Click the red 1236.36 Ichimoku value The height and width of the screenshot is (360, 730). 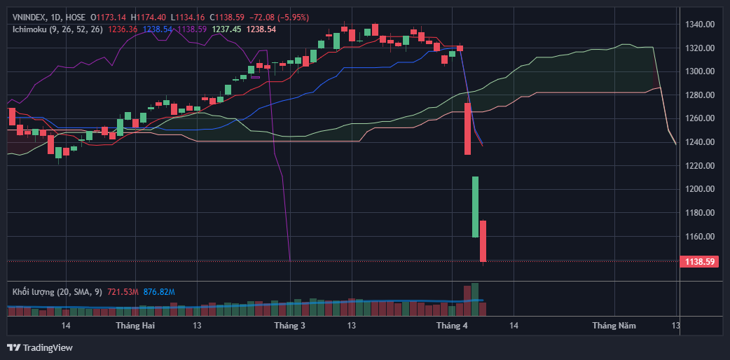click(x=123, y=29)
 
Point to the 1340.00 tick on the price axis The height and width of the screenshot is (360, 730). click(x=699, y=25)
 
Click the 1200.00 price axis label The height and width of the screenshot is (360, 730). click(x=699, y=189)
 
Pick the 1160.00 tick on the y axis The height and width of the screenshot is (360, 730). click(x=699, y=236)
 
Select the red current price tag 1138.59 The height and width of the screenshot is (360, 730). click(x=699, y=261)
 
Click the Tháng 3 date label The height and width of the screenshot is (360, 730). click(x=289, y=326)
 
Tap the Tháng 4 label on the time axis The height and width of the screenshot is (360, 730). click(x=451, y=326)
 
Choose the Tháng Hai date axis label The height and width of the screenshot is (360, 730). click(x=135, y=326)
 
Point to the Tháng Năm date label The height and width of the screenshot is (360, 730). click(x=614, y=326)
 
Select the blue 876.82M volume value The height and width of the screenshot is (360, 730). click(x=159, y=291)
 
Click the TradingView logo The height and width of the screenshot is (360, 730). click(x=40, y=347)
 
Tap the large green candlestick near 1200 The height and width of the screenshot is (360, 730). click(x=475, y=207)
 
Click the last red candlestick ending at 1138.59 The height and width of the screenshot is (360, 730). click(x=483, y=241)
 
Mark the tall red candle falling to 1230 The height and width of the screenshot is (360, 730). click(x=467, y=129)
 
